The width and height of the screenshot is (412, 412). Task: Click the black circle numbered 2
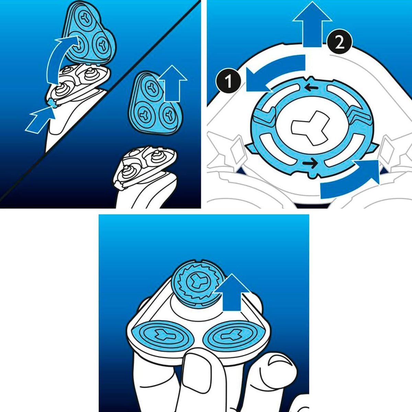point(340,43)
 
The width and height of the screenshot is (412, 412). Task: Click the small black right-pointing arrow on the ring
point(310,163)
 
